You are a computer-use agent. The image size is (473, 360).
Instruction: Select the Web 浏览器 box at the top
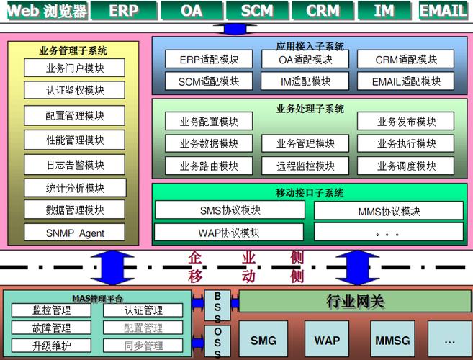48,11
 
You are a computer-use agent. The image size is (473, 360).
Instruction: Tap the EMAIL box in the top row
443,11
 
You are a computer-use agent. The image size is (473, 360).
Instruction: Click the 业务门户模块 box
75,68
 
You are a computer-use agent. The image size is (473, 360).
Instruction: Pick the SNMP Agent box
75,233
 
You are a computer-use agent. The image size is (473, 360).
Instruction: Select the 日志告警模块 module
75,165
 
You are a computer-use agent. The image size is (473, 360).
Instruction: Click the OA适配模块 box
305,60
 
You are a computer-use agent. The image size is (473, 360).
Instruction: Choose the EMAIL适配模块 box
405,81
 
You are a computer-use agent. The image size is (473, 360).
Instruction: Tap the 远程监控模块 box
305,166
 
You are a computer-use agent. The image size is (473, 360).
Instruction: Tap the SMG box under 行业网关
263,340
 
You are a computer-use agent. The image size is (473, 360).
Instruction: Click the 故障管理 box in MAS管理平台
51,328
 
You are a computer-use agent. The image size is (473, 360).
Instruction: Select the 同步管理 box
143,346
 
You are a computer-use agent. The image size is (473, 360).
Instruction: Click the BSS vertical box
217,306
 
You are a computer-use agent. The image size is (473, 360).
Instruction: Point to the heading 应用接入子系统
310,45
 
